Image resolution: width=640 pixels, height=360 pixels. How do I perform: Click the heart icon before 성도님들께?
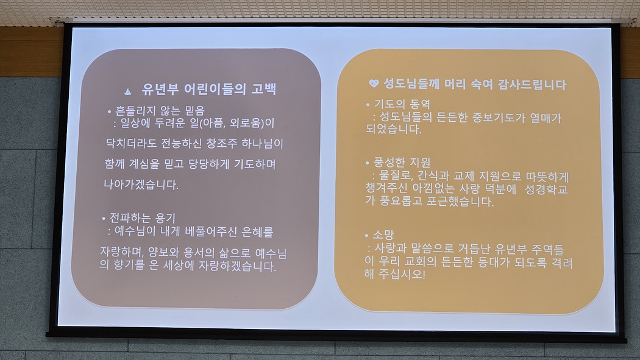coord(374,83)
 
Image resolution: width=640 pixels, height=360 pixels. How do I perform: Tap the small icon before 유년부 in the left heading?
coord(128,91)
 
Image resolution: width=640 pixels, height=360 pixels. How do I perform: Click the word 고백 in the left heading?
coord(264,90)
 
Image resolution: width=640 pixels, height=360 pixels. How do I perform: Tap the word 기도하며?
coord(255,164)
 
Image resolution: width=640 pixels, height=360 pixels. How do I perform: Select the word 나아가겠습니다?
coord(141,185)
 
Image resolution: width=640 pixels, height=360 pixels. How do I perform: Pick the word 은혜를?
coord(257,232)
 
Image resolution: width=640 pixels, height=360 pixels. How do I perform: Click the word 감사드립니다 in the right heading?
coord(532,85)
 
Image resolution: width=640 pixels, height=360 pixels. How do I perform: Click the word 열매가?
coord(546,118)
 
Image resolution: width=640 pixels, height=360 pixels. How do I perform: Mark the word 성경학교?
coord(546,189)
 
